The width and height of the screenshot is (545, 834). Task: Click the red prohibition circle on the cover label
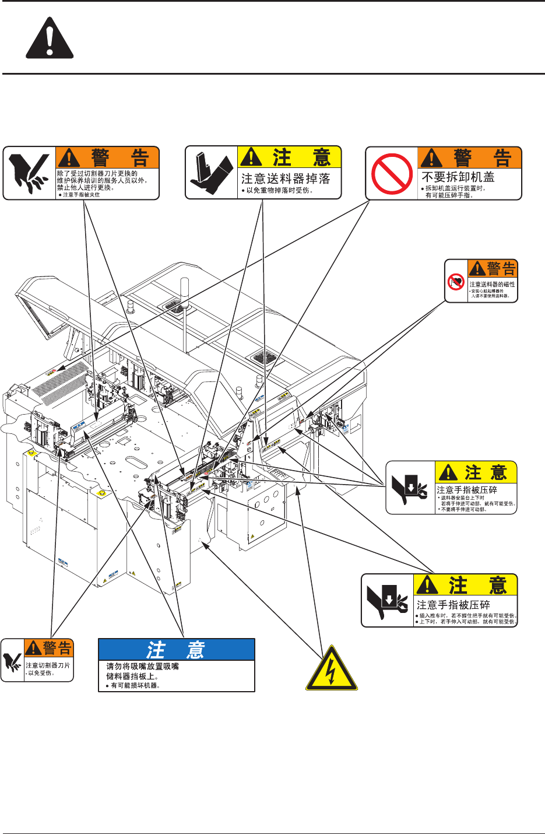pyautogui.click(x=392, y=173)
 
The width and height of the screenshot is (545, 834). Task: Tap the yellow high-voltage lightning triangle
pyautogui.click(x=331, y=669)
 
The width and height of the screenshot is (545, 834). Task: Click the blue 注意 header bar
pyautogui.click(x=177, y=649)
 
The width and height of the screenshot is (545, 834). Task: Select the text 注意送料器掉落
pyautogui.click(x=286, y=178)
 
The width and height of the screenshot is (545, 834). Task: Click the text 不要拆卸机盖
pyautogui.click(x=458, y=177)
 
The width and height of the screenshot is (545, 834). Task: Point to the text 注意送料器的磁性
pyautogui.click(x=492, y=284)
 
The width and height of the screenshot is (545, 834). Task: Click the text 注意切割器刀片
pyautogui.click(x=48, y=665)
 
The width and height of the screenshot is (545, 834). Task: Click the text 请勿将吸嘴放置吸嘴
pyautogui.click(x=142, y=666)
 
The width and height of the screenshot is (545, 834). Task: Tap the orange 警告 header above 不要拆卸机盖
pyautogui.click(x=470, y=157)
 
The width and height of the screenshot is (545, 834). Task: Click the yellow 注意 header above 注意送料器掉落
pyautogui.click(x=289, y=157)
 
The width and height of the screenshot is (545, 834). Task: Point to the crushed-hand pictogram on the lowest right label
pyautogui.click(x=386, y=601)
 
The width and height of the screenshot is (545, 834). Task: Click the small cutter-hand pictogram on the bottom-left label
pyautogui.click(x=12, y=660)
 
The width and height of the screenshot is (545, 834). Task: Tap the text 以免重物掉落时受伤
pyautogui.click(x=280, y=191)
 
